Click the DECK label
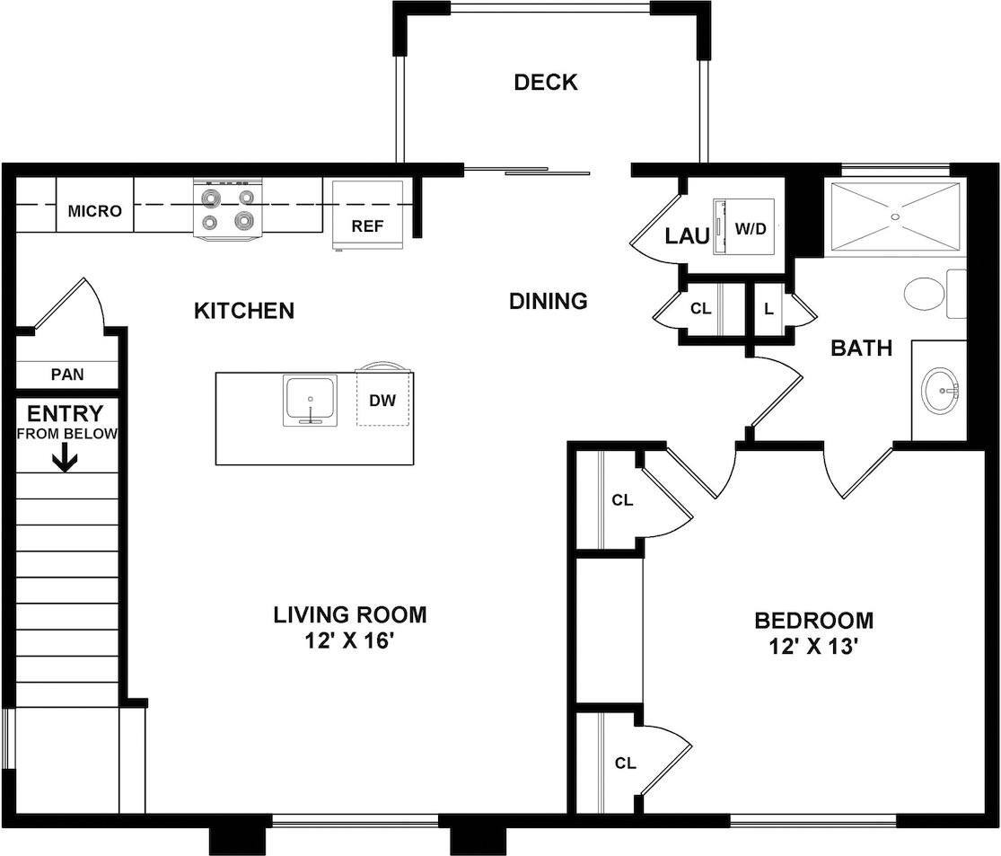point(545,83)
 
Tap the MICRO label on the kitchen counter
point(94,212)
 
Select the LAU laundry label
point(687,236)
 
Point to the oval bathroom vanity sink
point(940,390)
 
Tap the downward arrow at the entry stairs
point(65,460)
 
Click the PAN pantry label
point(66,374)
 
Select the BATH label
point(861,348)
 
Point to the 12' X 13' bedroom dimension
point(813,647)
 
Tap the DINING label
point(548,301)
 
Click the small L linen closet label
point(768,309)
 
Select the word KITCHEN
point(244,311)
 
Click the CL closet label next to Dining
point(700,309)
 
